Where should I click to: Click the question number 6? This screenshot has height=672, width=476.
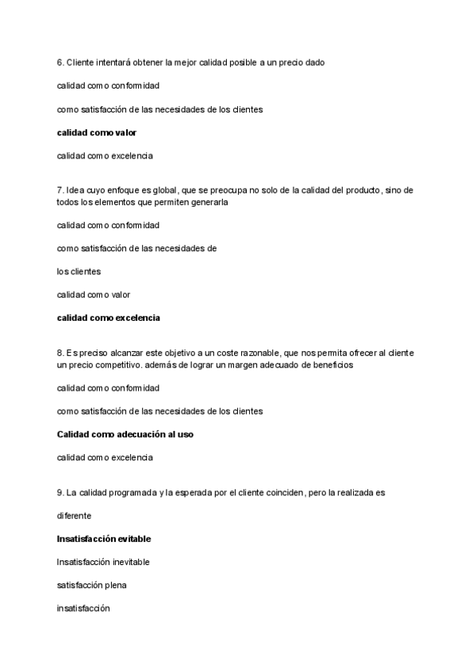(60, 62)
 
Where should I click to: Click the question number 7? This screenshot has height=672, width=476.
(60, 190)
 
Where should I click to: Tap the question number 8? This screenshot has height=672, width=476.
(60, 352)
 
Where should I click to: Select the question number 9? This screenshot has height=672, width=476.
(60, 492)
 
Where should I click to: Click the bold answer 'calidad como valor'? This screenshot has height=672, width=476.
(97, 132)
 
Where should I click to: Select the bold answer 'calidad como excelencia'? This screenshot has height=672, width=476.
(108, 318)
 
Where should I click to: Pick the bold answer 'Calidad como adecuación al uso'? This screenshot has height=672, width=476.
(125, 434)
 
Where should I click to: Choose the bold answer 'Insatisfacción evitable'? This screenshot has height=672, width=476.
(104, 539)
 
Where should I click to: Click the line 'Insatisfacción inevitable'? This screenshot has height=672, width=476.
(103, 562)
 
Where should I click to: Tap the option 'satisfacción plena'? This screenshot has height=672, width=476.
(91, 585)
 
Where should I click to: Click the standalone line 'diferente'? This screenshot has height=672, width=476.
(75, 515)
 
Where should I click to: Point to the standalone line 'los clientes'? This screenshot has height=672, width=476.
(79, 271)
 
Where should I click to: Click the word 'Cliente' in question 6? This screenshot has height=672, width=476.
(80, 62)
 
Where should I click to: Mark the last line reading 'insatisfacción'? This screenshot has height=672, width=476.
(83, 609)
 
